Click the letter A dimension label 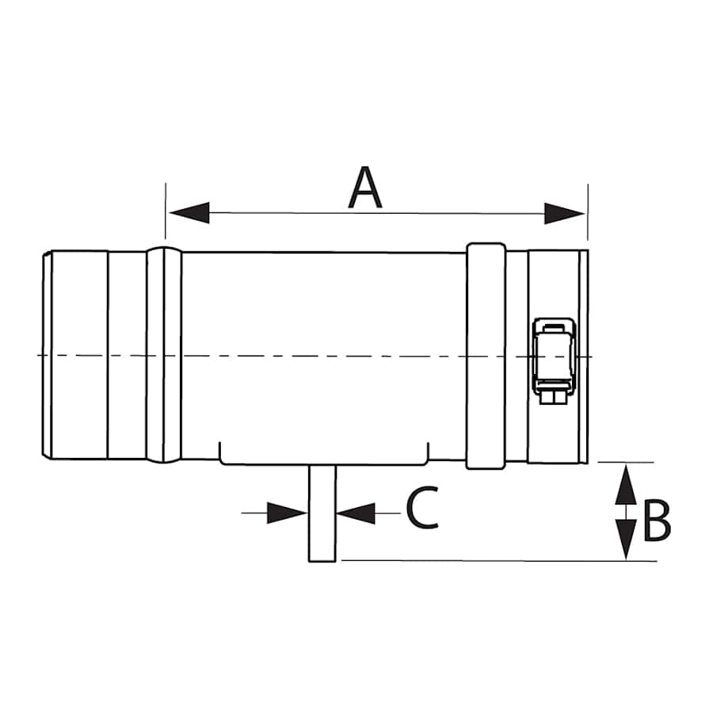click(365, 189)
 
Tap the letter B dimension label click(656, 521)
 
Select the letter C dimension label click(422, 509)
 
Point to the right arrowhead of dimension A click(564, 212)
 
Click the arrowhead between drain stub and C click(356, 513)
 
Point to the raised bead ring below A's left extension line click(164, 356)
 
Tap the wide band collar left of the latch click(486, 356)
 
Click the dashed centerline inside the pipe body click(317, 356)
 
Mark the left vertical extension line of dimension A click(166, 210)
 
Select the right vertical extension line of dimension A click(587, 210)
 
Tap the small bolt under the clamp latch click(553, 395)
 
